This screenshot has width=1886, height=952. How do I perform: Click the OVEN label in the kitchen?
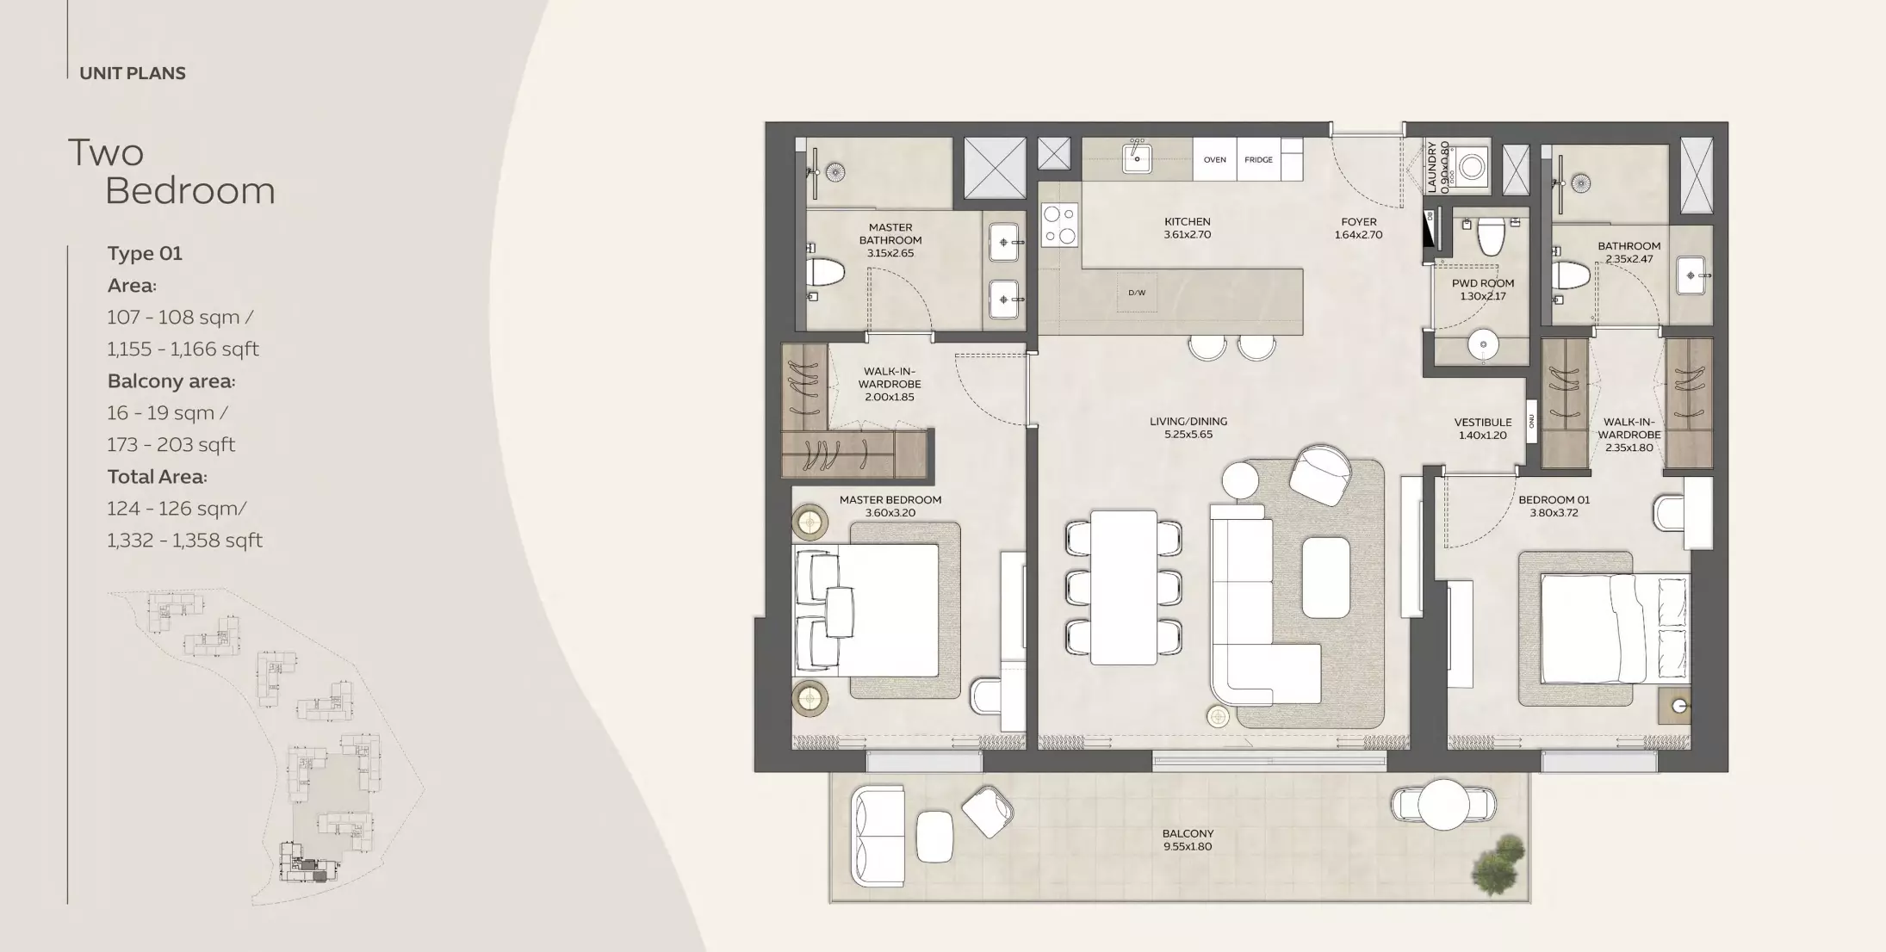point(1214,159)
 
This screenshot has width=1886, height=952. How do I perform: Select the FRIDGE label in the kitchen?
point(1258,159)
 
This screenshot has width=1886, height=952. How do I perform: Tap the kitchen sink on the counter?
point(1137,158)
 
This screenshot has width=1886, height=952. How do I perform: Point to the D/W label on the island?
point(1137,293)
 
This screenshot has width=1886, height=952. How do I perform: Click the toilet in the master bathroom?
point(825,272)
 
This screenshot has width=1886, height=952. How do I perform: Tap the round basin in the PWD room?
point(1483,344)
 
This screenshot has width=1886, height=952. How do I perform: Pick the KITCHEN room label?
point(1188,221)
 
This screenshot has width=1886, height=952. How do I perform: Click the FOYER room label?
point(1359,221)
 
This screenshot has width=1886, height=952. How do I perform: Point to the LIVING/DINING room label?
point(1188,421)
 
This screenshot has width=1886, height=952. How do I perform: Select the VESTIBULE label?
point(1483,422)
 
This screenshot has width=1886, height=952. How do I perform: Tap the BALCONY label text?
point(1188,833)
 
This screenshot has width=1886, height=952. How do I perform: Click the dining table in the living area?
point(1124,587)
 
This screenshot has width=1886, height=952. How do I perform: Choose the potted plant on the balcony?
point(1498,864)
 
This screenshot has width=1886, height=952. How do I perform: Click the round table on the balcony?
point(1444,804)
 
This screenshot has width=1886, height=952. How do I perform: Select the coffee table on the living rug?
point(1325,577)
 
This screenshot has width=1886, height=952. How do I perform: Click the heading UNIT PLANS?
point(133,73)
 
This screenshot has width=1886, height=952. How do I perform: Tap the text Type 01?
point(145,253)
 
